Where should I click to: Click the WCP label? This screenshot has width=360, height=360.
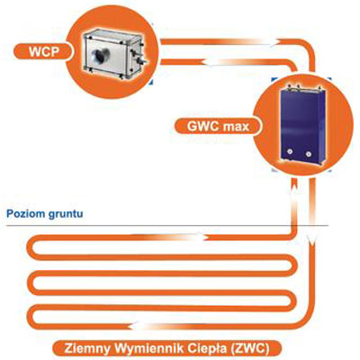tap(44, 51)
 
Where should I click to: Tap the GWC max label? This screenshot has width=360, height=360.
tap(218, 126)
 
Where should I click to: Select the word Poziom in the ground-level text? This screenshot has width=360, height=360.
tap(26, 214)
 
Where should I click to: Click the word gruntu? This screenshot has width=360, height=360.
tap(66, 215)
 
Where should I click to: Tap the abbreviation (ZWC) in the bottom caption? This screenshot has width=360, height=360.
tap(248, 349)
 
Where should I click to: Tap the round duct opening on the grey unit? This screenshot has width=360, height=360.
tap(101, 56)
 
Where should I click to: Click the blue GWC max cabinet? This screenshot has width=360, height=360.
tap(302, 124)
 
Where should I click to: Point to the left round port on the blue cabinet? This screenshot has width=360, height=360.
tap(290, 152)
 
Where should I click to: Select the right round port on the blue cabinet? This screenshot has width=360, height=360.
tap(308, 154)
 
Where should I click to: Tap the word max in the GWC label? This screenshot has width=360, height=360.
tap(237, 127)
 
